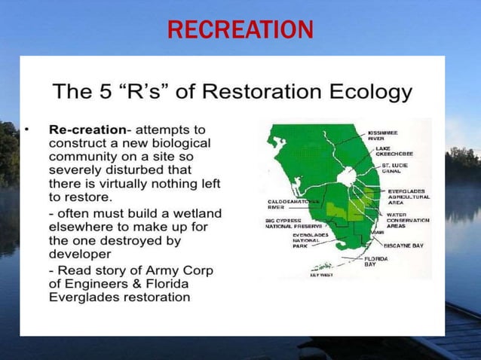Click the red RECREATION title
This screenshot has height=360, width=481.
click(240, 29)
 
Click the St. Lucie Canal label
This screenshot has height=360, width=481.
click(396, 167)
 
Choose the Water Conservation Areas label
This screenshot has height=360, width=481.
click(407, 221)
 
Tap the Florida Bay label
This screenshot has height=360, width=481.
click(377, 261)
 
